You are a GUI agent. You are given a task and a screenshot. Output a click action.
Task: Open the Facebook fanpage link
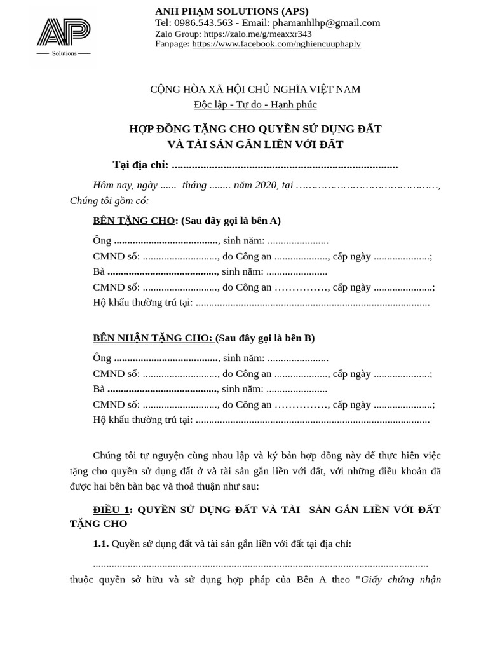coord(276,44)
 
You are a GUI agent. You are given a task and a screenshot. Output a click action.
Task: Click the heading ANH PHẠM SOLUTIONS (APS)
coord(232,11)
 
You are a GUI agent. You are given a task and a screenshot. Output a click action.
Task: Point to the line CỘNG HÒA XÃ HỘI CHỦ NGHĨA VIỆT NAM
coord(255,89)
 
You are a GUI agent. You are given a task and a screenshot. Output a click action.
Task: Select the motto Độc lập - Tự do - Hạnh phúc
coord(255,104)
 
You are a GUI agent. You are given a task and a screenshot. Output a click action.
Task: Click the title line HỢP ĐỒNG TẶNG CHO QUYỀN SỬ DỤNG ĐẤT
coord(255,129)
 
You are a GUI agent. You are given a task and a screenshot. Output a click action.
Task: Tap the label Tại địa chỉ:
coord(140,165)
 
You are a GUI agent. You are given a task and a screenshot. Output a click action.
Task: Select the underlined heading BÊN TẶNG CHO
coord(133,221)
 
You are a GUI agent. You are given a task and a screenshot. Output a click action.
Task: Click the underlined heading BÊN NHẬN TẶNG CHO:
coord(152,338)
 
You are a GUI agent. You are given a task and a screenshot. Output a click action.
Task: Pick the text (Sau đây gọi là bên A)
coord(231,221)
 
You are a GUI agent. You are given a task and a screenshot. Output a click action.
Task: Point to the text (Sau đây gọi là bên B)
coord(266,338)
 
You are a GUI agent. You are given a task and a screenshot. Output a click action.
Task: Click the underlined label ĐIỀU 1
coord(111,510)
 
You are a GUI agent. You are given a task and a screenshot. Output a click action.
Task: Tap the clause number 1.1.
coord(100,544)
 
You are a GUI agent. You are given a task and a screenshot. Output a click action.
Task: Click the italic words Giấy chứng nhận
coord(401,579)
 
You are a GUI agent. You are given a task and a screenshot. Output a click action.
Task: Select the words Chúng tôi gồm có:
coord(109,201)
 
